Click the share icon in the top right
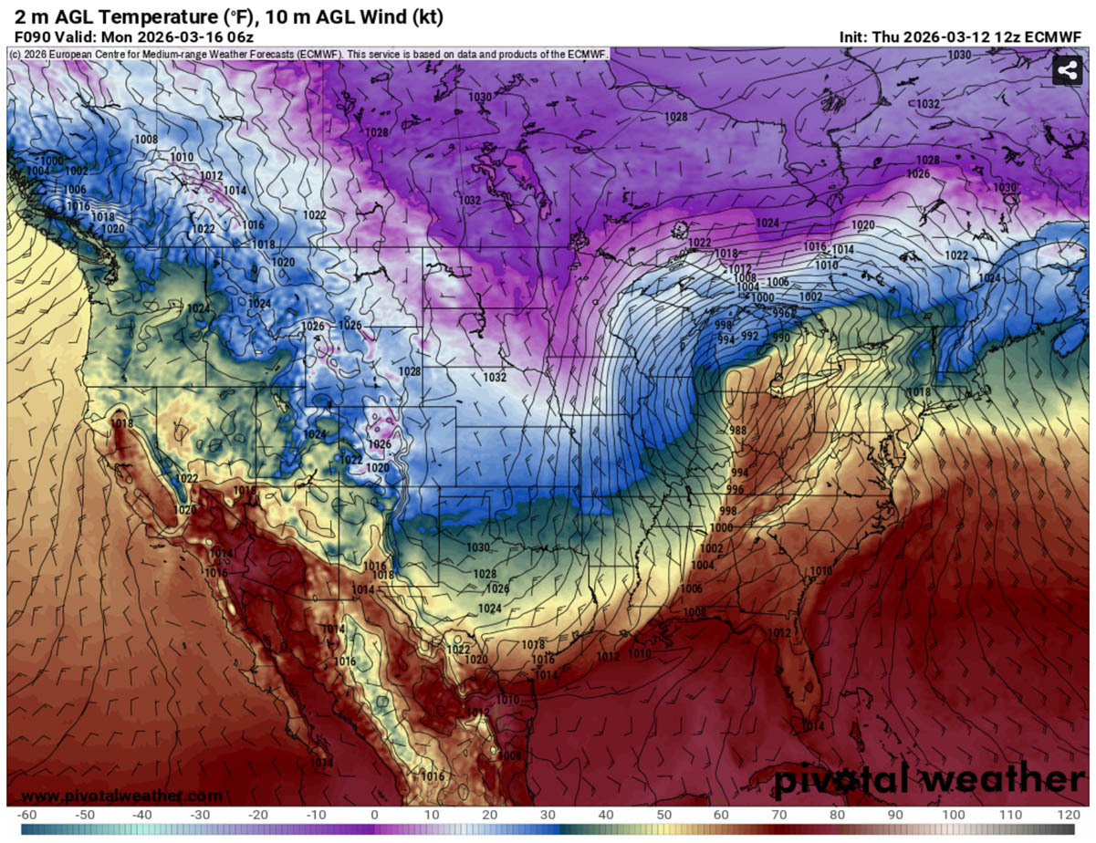tap(1067, 71)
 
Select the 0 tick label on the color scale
tap(374, 814)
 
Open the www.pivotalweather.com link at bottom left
tap(120, 796)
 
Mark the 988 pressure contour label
tap(738, 430)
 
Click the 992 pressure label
tap(749, 335)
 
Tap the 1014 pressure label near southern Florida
tap(813, 725)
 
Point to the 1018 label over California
tap(120, 422)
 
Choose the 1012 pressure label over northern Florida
tap(778, 632)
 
